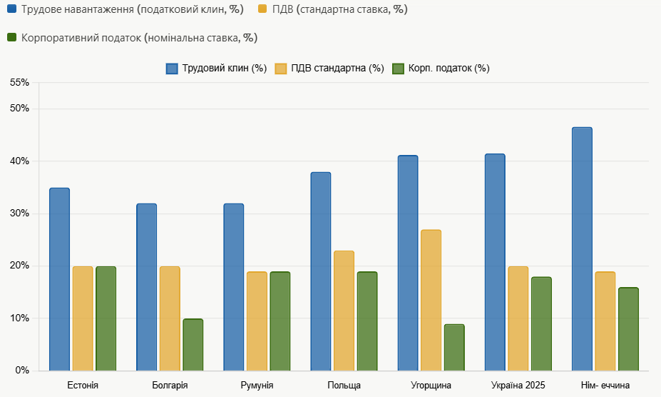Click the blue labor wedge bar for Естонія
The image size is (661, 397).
(59, 279)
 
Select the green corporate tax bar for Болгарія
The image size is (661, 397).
(193, 344)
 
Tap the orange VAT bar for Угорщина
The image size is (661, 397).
(431, 300)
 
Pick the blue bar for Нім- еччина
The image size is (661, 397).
(582, 248)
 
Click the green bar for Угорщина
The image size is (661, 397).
(454, 347)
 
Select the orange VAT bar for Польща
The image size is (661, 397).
(344, 311)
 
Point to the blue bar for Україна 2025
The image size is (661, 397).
(495, 262)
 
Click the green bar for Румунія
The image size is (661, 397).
(280, 321)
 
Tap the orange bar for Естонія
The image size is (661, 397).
(83, 318)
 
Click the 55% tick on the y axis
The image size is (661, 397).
(20, 83)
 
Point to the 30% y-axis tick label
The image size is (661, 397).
(20, 213)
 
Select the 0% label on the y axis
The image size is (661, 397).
(22, 371)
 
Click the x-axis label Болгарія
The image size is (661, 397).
(170, 386)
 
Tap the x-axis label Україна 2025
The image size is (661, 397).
(518, 386)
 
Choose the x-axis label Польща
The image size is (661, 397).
(344, 386)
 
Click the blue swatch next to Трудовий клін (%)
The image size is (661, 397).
(172, 69)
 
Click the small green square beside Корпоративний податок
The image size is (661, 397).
(11, 37)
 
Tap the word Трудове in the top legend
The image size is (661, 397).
(41, 10)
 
